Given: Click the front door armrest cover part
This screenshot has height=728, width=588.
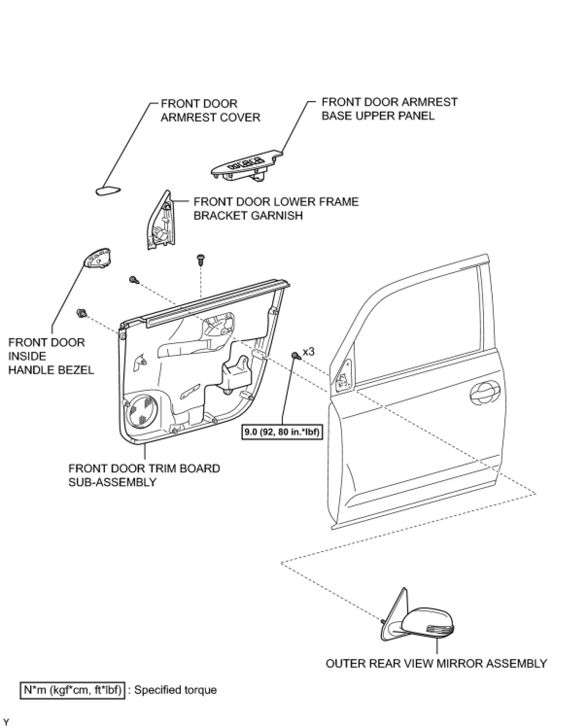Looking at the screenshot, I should coord(108,191).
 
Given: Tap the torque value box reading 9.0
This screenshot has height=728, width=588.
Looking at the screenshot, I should coord(281,432).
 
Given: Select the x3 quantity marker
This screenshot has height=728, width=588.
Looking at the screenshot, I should coord(308,351).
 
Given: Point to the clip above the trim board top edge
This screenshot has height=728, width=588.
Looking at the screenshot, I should coord(200,259).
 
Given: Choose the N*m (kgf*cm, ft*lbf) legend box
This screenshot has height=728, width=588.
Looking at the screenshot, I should coord(72,690).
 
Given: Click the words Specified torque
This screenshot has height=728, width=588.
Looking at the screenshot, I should coord(175,690).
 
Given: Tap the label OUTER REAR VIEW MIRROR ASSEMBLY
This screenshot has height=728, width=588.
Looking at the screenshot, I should coord(436,663).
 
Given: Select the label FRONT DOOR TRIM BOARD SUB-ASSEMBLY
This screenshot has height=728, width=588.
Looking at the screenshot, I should coord(144,475).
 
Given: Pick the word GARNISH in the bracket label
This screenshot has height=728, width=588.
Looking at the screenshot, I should coord(276,215).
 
